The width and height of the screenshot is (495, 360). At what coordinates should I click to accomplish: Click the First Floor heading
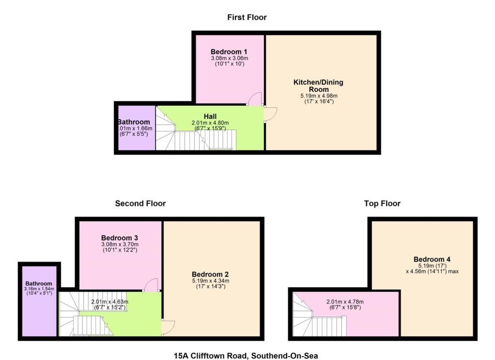click(247, 17)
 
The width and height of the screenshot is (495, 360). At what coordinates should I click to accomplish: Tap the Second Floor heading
click(141, 203)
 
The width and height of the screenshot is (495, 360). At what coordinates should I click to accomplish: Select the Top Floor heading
click(382, 203)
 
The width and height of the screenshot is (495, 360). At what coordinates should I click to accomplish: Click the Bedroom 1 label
click(229, 52)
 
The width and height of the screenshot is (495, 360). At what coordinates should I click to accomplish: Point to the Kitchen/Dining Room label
click(319, 86)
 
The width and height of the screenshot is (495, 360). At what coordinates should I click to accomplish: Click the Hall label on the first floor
click(210, 116)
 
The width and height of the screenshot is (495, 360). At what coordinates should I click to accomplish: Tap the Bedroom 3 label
click(120, 238)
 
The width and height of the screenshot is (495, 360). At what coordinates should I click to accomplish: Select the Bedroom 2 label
click(210, 274)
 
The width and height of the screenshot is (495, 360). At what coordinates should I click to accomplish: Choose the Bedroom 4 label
click(432, 259)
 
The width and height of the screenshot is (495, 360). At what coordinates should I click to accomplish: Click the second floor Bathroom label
click(39, 284)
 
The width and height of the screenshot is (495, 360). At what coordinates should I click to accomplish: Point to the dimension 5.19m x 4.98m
click(319, 96)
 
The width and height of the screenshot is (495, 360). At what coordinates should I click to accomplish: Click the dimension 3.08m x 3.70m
click(120, 244)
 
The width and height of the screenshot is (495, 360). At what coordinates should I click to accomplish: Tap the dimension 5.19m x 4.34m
click(211, 281)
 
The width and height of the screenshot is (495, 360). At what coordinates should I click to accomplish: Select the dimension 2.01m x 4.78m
click(345, 302)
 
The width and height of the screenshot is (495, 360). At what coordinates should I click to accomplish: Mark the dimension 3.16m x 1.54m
click(39, 288)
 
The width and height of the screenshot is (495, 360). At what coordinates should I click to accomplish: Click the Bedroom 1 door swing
click(254, 98)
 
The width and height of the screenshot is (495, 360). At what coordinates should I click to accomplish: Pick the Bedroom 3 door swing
click(150, 285)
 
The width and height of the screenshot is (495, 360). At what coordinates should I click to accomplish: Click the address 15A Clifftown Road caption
click(246, 356)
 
